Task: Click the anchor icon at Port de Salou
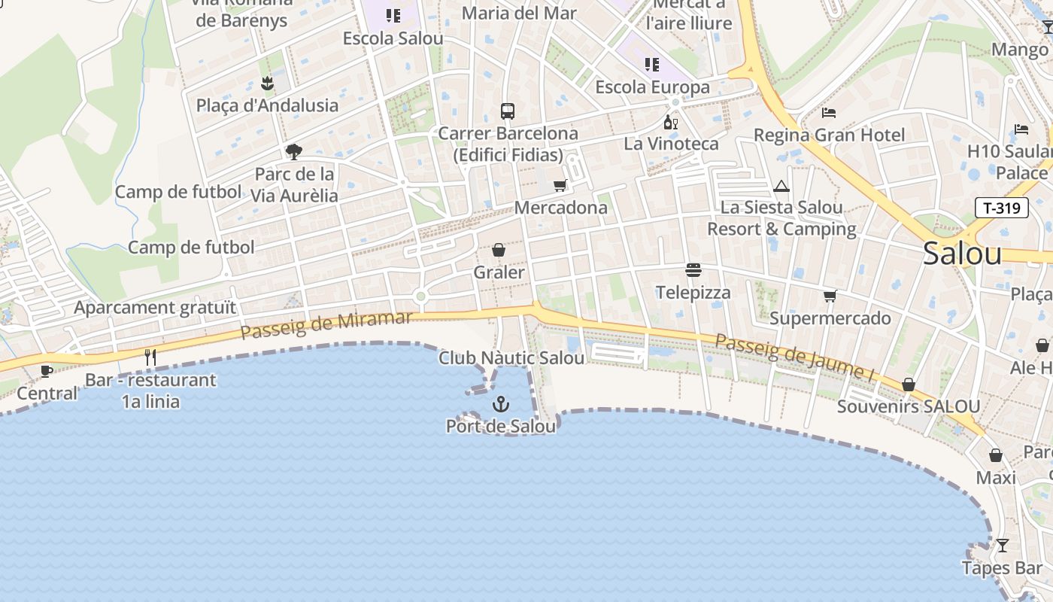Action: pyautogui.click(x=500, y=405)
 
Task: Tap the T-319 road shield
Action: pyautogui.click(x=1001, y=208)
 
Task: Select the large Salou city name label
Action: pyautogui.click(x=962, y=254)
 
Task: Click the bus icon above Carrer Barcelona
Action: pyautogui.click(x=508, y=111)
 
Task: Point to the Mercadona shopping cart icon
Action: pyautogui.click(x=560, y=185)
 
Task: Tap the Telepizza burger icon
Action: pyautogui.click(x=693, y=270)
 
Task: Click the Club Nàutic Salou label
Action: pyautogui.click(x=511, y=358)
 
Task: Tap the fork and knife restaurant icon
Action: pyautogui.click(x=150, y=357)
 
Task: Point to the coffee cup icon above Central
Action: pyautogui.click(x=47, y=370)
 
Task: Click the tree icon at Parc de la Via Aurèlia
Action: pyautogui.click(x=293, y=152)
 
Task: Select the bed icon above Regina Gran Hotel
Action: pyautogui.click(x=829, y=113)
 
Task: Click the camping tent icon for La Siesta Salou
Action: pyautogui.click(x=781, y=186)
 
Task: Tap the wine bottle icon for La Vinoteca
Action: pyautogui.click(x=670, y=122)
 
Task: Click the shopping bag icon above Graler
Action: pyautogui.click(x=498, y=250)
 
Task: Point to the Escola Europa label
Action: pyautogui.click(x=652, y=87)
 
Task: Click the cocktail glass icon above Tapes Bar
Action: pyautogui.click(x=1002, y=545)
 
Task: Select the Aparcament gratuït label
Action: pyautogui.click(x=155, y=307)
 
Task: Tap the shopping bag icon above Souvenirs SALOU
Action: pyautogui.click(x=909, y=385)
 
